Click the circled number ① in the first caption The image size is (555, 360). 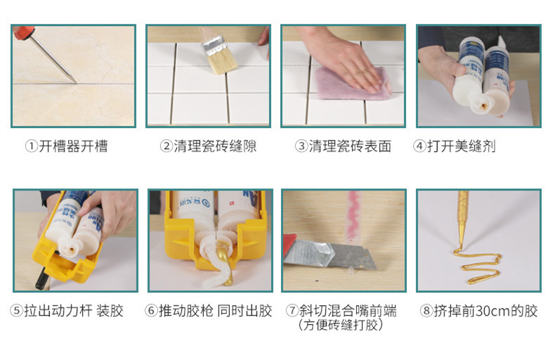(31, 147)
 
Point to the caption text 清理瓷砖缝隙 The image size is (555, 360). (215, 147)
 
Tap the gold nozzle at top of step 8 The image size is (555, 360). (464, 211)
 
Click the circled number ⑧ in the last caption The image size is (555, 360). (426, 311)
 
